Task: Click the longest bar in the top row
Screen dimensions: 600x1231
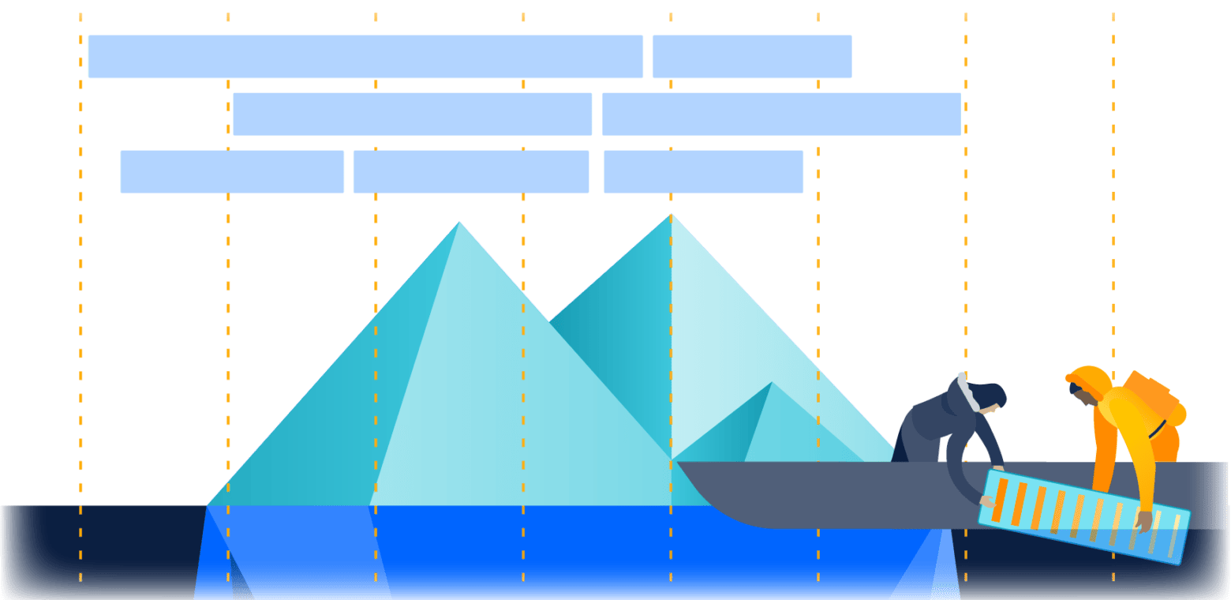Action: [365, 57]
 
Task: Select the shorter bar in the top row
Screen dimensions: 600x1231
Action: [751, 57]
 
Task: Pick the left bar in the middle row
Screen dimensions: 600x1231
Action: [412, 114]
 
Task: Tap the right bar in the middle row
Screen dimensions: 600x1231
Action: [781, 114]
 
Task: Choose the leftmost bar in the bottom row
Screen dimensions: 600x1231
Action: [232, 171]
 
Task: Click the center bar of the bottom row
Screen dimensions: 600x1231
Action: [470, 171]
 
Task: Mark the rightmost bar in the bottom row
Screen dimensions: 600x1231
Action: [703, 171]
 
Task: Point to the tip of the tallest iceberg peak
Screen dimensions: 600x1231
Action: [671, 215]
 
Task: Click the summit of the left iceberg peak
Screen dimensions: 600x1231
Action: [459, 223]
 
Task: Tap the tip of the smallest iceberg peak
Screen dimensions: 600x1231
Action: [772, 384]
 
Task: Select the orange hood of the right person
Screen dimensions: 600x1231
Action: [1089, 379]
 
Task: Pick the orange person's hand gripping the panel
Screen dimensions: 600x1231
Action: [1142, 521]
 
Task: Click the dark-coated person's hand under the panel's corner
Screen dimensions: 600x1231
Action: [987, 501]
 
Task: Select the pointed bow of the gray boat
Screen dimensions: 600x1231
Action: [683, 466]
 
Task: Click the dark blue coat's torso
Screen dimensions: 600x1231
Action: [931, 430]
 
